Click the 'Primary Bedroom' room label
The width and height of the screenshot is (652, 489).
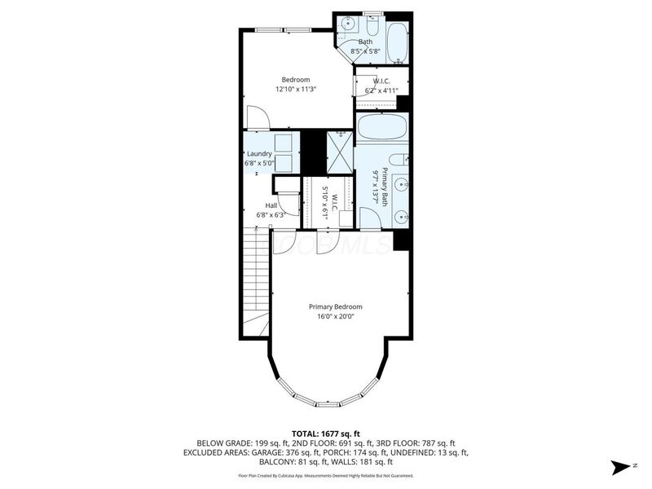pyautogui.click(x=335, y=306)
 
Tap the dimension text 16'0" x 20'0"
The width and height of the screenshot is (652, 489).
pyautogui.click(x=335, y=317)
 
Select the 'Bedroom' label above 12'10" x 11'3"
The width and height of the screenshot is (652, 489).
pyautogui.click(x=295, y=79)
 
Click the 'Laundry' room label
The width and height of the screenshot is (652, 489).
pyautogui.click(x=259, y=153)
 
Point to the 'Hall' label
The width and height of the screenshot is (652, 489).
pyautogui.click(x=271, y=205)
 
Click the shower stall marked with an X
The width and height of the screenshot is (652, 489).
pyautogui.click(x=338, y=152)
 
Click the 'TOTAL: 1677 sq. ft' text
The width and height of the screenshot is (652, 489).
pyautogui.click(x=325, y=433)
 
